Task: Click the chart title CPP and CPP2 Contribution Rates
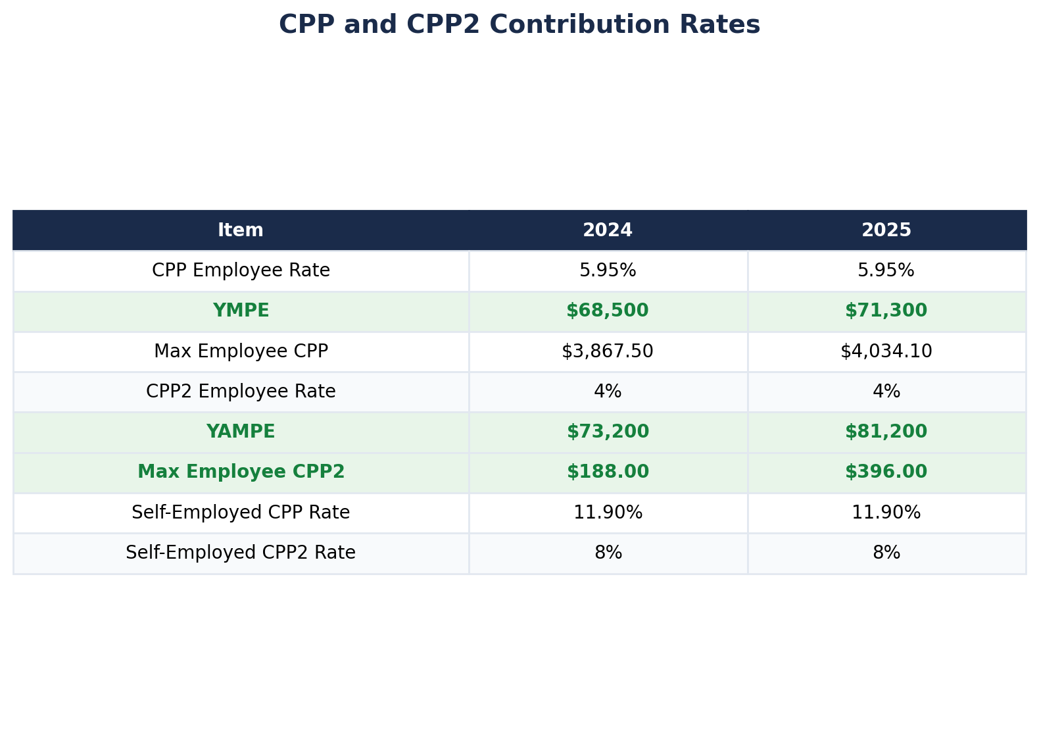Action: (x=519, y=25)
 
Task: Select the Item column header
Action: (x=241, y=230)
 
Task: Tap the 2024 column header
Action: (x=608, y=230)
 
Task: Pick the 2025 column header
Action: (x=886, y=230)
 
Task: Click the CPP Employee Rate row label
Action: (x=241, y=270)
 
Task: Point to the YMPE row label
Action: (x=241, y=311)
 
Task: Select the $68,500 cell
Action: (x=608, y=311)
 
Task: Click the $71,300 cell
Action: (x=886, y=311)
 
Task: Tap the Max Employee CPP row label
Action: (x=241, y=351)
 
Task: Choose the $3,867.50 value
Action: (x=608, y=351)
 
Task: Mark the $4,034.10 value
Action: (x=886, y=351)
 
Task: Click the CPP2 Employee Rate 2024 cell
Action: (x=608, y=392)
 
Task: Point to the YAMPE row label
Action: (x=241, y=432)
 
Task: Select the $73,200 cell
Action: (x=608, y=432)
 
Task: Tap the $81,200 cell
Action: (x=886, y=432)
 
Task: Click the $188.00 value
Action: (x=608, y=472)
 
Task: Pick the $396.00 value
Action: (x=886, y=472)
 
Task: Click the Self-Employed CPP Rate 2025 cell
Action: (x=886, y=513)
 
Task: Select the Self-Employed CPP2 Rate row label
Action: (x=241, y=553)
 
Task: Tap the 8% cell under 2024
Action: (x=608, y=553)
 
